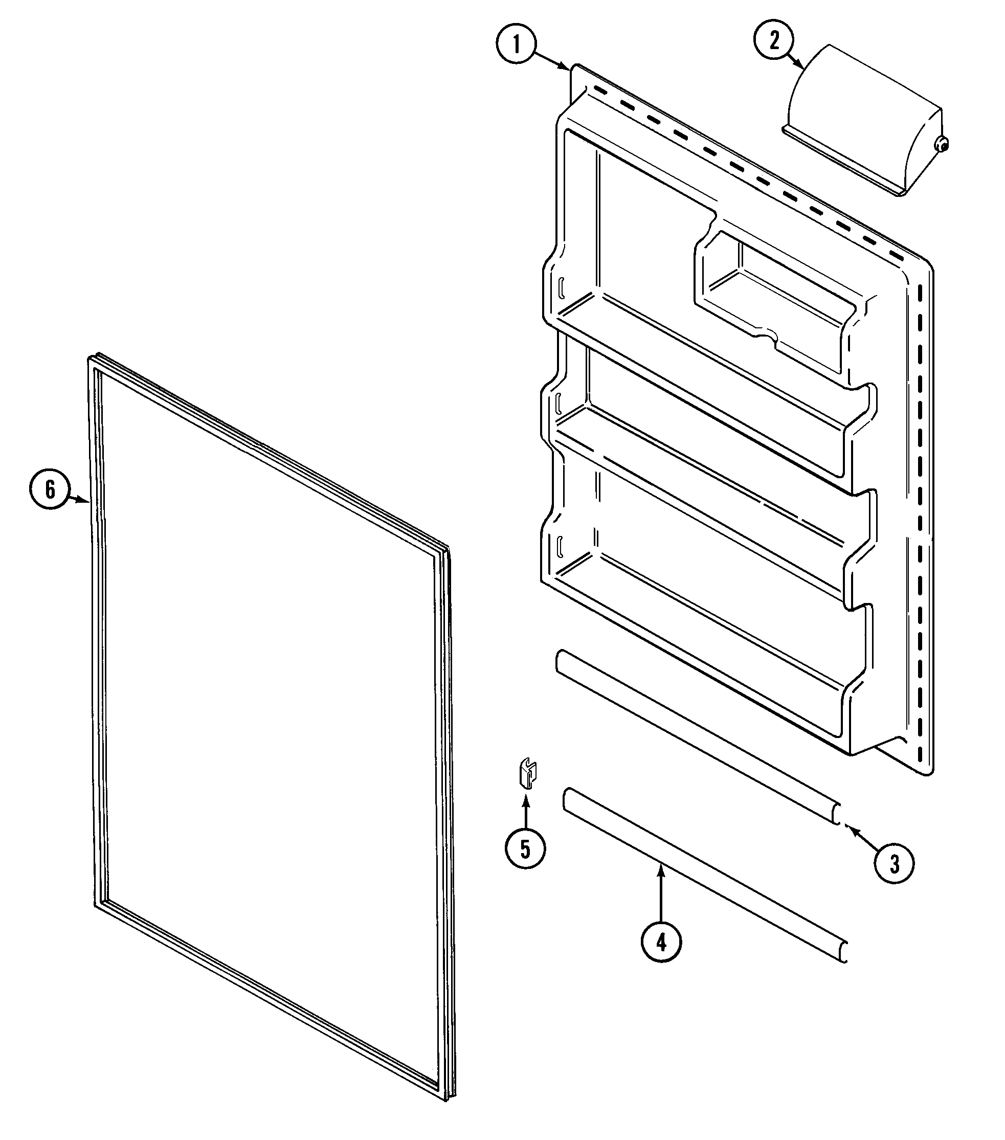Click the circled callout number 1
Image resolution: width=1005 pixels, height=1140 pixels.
(516, 44)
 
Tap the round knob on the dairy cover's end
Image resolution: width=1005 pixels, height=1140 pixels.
(942, 144)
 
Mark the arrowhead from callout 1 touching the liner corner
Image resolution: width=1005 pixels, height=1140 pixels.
(566, 68)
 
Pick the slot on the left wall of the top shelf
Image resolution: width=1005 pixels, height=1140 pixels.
(562, 288)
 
